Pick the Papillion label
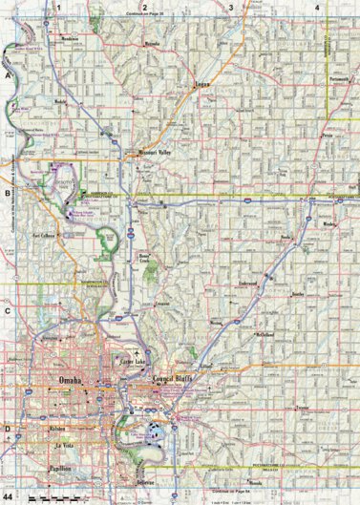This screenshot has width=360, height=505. click(63, 467)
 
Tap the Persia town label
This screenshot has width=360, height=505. click(328, 137)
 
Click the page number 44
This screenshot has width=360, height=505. click(7, 489)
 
